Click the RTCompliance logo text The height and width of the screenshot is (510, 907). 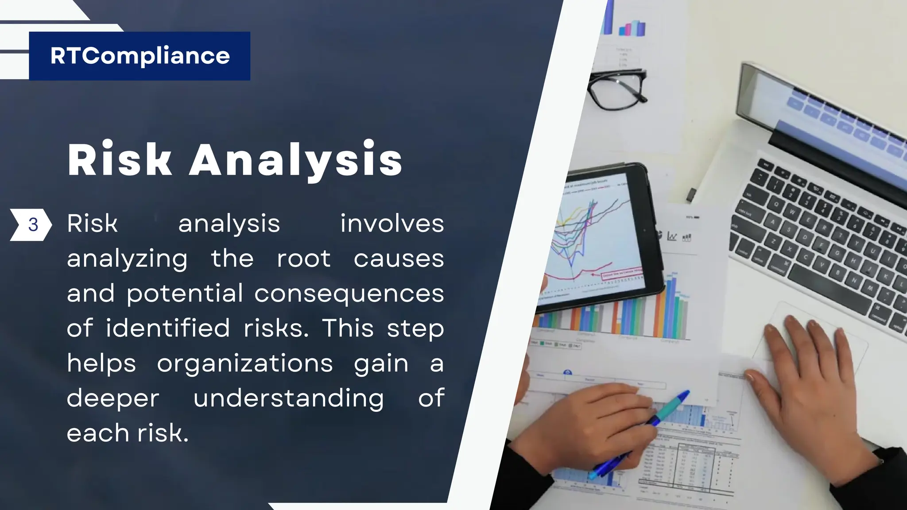coord(140,56)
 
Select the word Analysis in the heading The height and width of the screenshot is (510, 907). coord(296,160)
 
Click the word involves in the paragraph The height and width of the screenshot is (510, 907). coord(392,224)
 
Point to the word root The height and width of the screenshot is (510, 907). coord(303,259)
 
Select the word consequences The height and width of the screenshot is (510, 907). coord(349,294)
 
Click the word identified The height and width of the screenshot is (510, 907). coord(168,328)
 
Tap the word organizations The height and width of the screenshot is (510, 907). coord(245,363)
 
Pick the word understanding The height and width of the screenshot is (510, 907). coord(289,398)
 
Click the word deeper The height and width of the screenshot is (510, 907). coord(113,398)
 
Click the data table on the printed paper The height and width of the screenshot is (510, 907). coord(691,465)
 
